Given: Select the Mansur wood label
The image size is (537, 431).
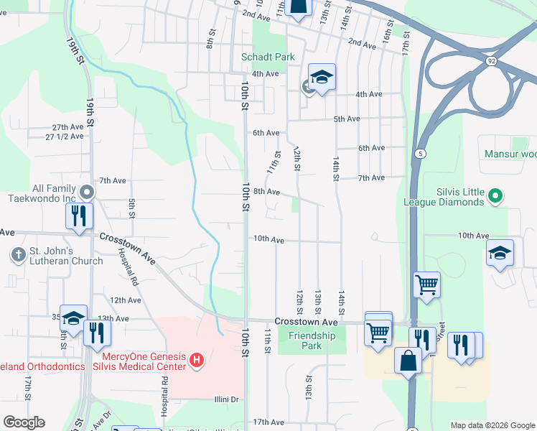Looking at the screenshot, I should pyautogui.click(x=510, y=154).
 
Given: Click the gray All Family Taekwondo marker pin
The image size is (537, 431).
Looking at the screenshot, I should pyautogui.click(x=87, y=193).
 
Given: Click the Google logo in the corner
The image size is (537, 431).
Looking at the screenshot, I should pyautogui.click(x=24, y=423).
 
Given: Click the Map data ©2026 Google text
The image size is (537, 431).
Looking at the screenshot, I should pyautogui.click(x=492, y=425).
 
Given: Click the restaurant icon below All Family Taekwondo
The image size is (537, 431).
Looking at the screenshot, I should pyautogui.click(x=77, y=216).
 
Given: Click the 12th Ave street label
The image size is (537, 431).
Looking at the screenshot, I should pyautogui.click(x=125, y=300).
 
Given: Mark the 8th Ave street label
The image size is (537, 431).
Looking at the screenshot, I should pyautogui.click(x=266, y=192).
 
